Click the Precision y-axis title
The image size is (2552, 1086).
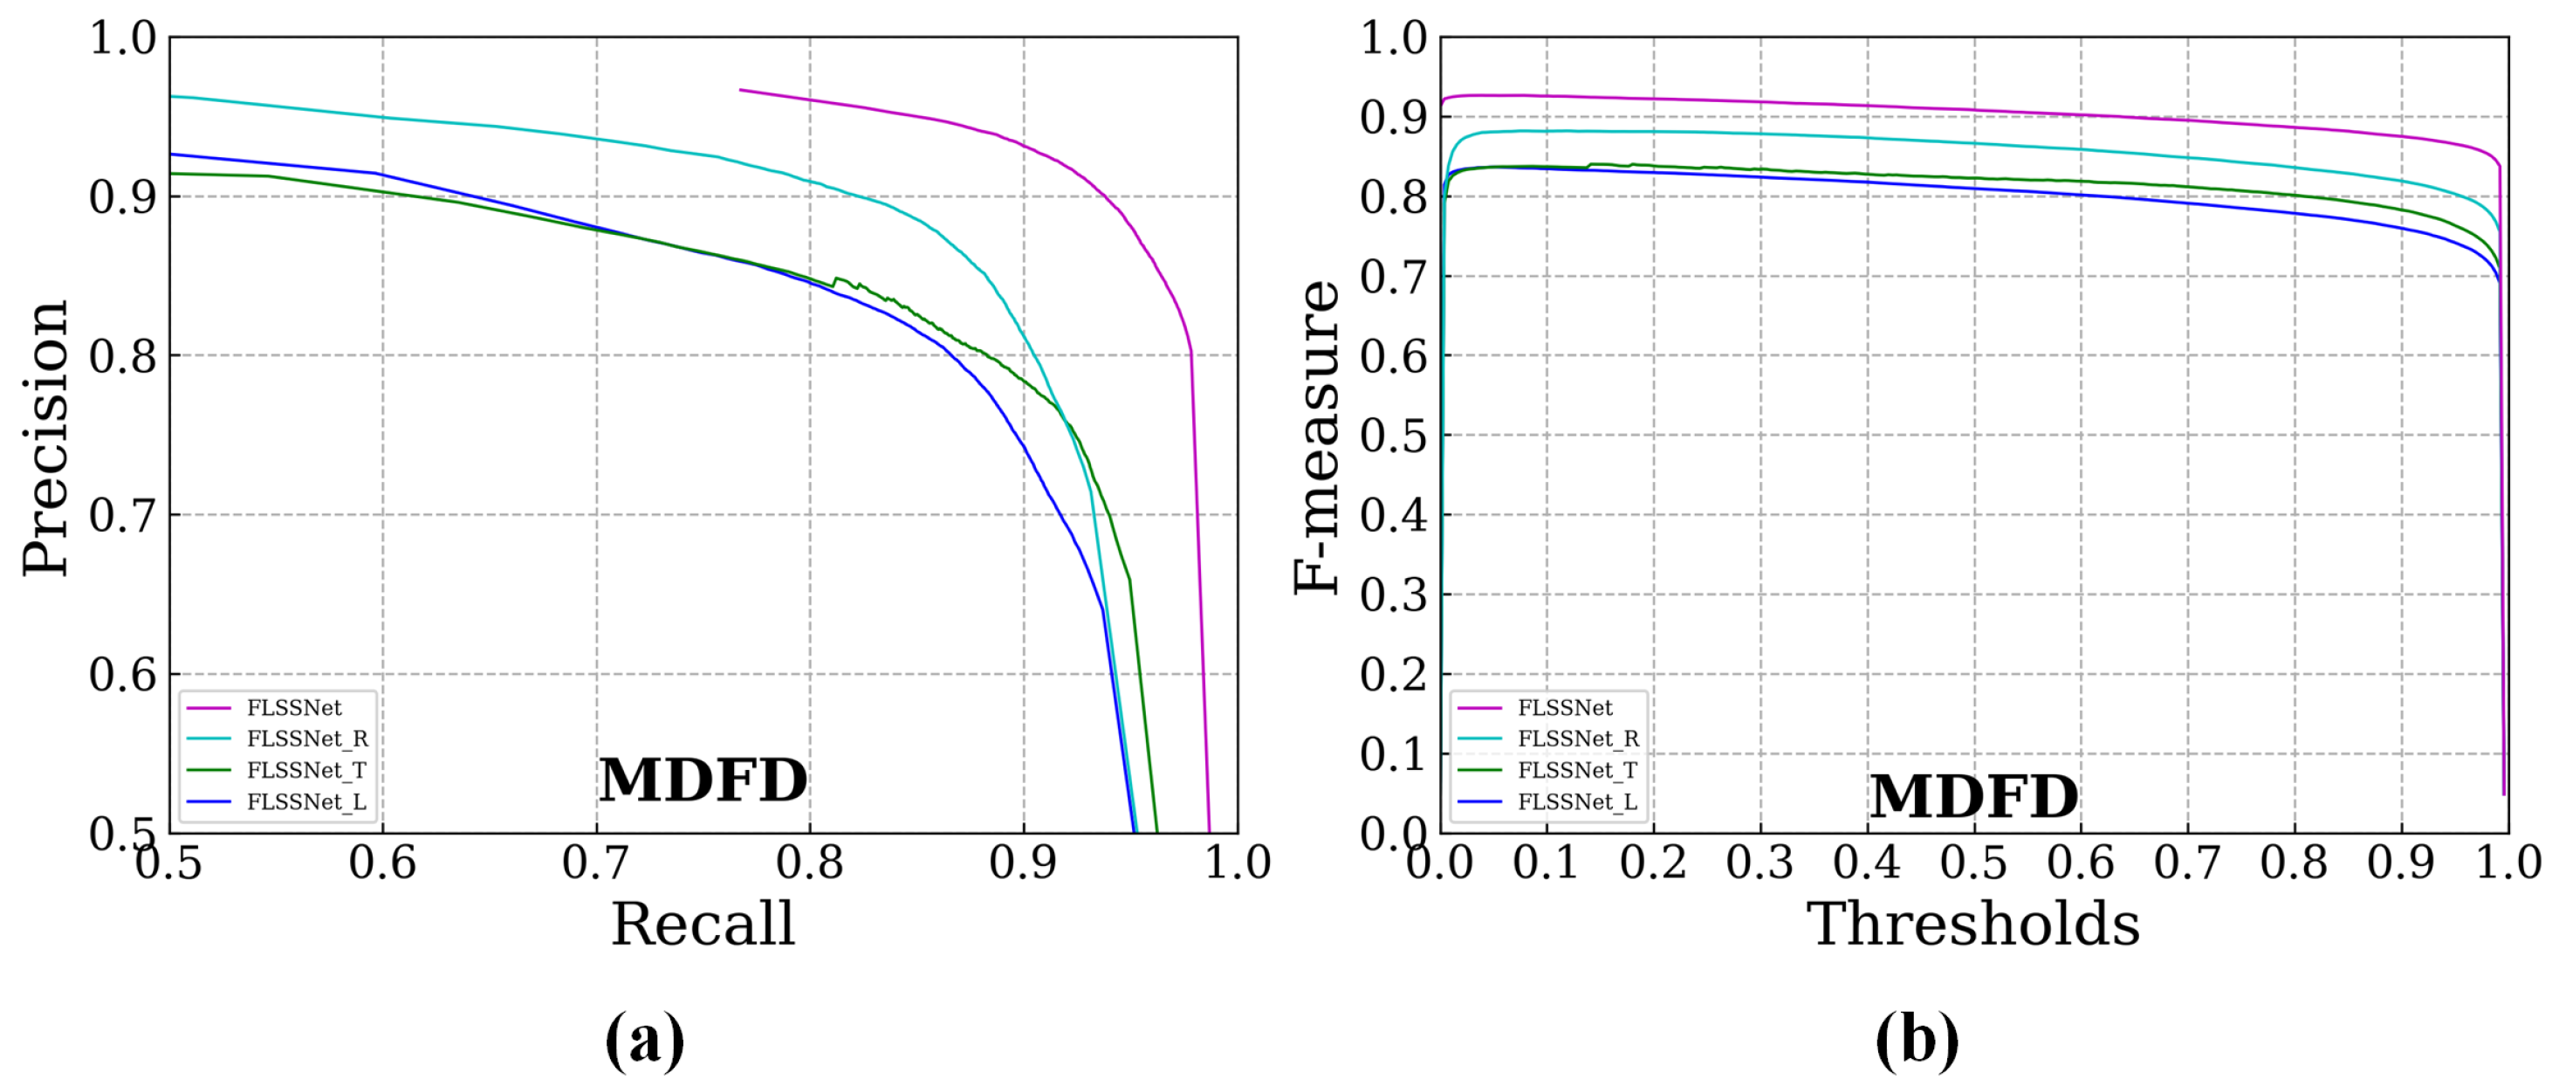click(x=45, y=438)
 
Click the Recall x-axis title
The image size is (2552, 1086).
click(x=703, y=924)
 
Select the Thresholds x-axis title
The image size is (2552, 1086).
click(x=1972, y=924)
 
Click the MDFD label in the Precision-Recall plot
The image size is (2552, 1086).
click(x=703, y=780)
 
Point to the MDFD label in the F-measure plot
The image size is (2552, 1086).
click(x=1973, y=795)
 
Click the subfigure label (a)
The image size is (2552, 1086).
click(x=645, y=1041)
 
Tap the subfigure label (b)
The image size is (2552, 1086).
click(x=1917, y=1041)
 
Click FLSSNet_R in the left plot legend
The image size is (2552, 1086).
click(x=307, y=739)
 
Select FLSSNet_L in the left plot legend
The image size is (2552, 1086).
click(x=306, y=801)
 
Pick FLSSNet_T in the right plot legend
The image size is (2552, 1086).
click(x=1577, y=770)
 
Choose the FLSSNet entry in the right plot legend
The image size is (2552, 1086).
click(x=1564, y=707)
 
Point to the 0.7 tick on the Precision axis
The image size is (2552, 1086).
click(x=123, y=515)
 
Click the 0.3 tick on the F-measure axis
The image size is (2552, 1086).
click(x=1393, y=595)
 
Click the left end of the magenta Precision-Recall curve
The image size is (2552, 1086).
click(x=741, y=90)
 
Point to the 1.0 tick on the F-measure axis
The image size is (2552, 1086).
click(x=1393, y=38)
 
